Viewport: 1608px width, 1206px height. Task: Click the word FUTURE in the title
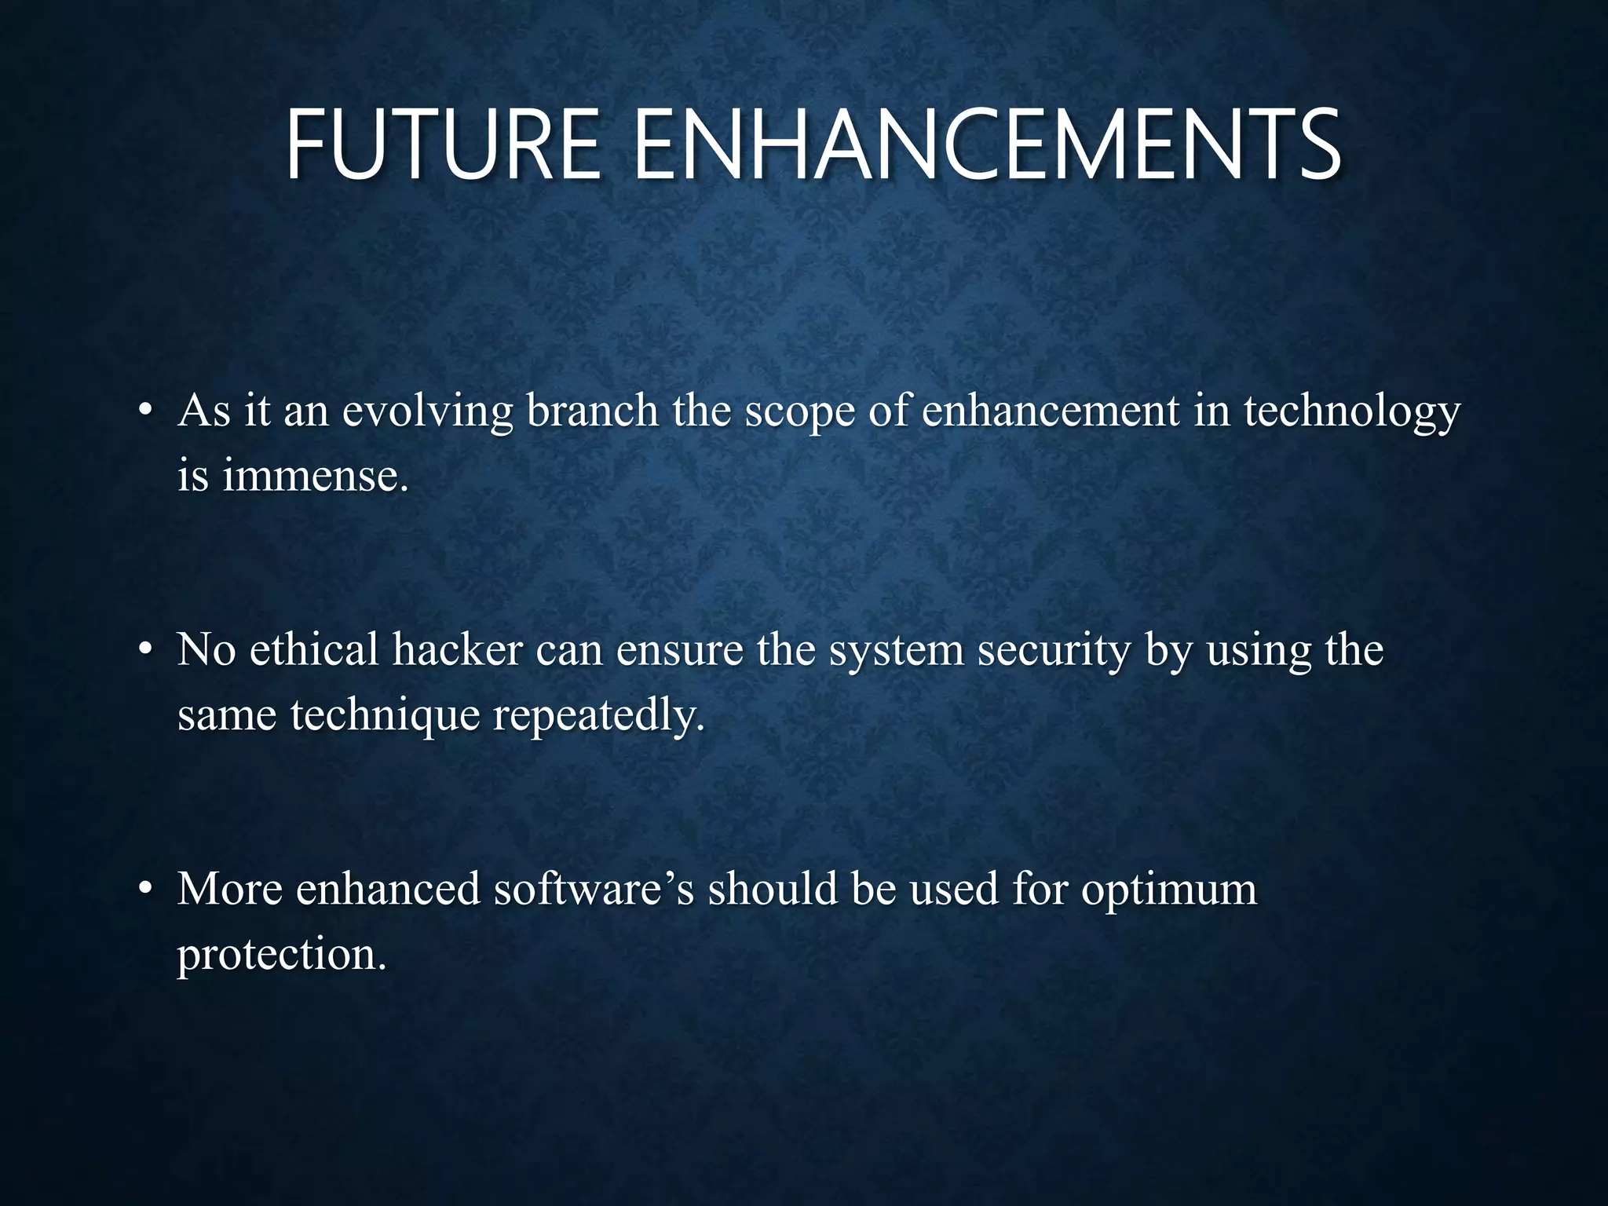[442, 146]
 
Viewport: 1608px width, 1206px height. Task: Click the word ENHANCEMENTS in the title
[986, 146]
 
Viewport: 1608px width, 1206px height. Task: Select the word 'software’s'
[594, 889]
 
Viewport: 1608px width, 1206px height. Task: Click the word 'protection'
[281, 955]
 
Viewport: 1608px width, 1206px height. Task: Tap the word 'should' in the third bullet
[773, 889]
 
